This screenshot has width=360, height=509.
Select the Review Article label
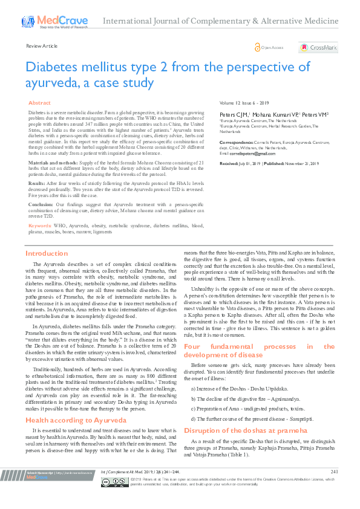(x=42, y=46)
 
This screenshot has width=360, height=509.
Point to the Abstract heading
(x=40, y=104)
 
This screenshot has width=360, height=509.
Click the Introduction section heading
(x=47, y=254)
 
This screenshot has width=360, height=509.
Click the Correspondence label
(x=238, y=141)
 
